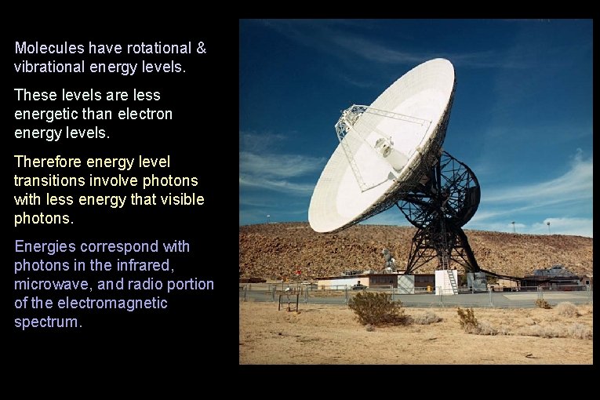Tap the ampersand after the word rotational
pos(201,48)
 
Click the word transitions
pos(51,180)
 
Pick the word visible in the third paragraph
pos(182,199)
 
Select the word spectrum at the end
pos(47,322)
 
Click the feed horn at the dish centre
pos(384,147)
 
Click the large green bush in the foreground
pos(376,308)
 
